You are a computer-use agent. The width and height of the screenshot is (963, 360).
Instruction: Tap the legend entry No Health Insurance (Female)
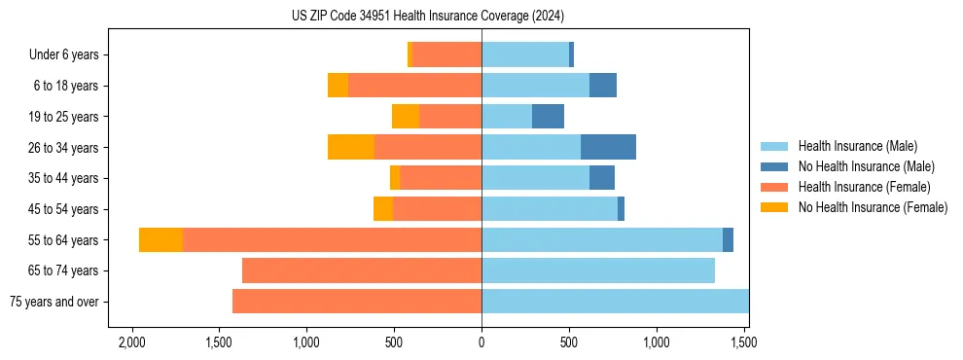pos(873,207)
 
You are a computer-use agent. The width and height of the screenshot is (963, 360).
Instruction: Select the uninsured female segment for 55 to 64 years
pos(160,239)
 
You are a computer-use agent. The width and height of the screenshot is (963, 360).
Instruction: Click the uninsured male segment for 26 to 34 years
pos(608,147)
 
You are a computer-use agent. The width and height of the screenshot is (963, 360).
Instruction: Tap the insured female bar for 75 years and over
pos(357,302)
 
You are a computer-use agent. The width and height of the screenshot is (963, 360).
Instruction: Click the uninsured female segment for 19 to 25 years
pos(406,116)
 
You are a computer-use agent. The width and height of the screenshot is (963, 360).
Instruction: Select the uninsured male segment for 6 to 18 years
pos(603,86)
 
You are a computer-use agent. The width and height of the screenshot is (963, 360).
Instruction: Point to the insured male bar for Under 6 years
pos(525,54)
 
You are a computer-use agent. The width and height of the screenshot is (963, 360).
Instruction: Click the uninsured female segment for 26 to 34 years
pos(351,147)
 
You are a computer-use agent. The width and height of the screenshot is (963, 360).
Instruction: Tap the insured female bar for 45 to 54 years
pos(437,208)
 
